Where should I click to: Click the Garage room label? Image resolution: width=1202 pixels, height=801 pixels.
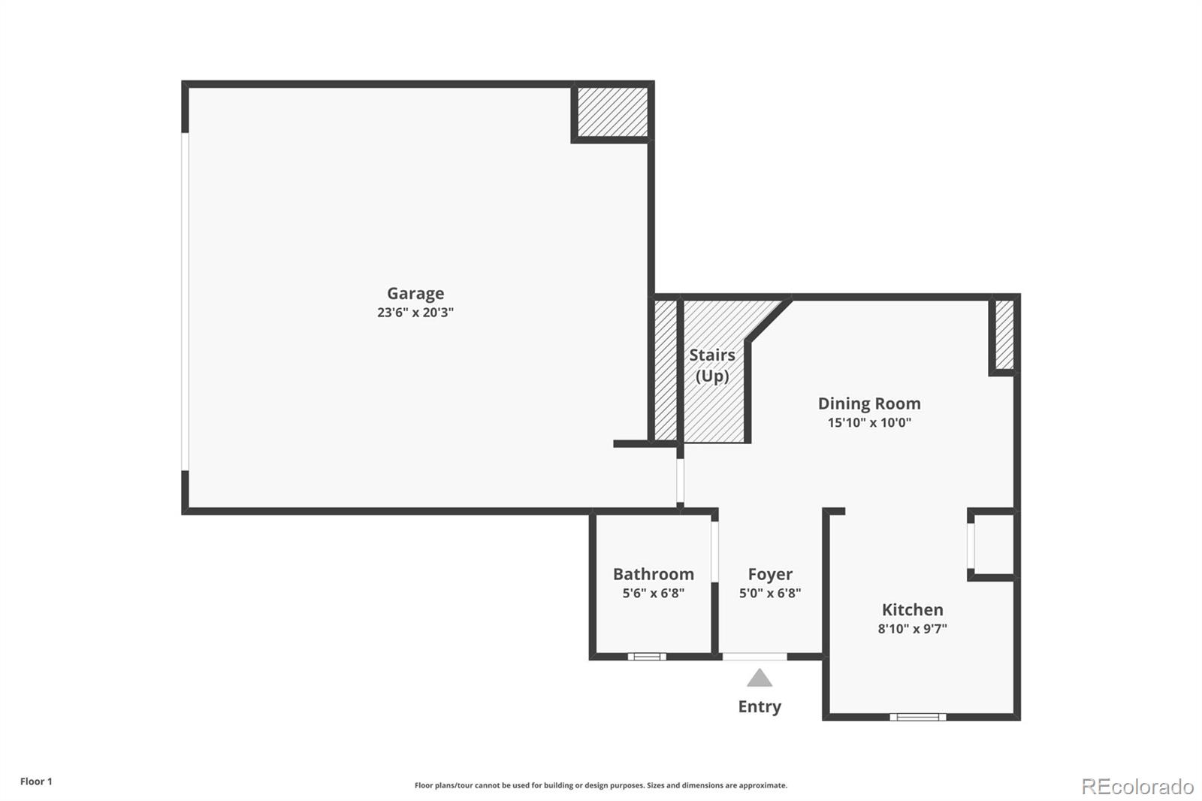tap(415, 294)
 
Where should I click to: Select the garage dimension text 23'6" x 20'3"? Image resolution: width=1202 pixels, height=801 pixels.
tap(415, 313)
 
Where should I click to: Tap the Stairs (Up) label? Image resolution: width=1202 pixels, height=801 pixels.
tap(712, 364)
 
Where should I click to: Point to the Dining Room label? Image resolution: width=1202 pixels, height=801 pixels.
tap(869, 404)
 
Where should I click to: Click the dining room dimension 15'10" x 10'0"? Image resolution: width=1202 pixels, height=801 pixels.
tap(869, 422)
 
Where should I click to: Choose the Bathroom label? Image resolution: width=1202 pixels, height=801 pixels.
tap(653, 574)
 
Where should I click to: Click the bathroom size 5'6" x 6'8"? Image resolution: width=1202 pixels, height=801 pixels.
tap(653, 593)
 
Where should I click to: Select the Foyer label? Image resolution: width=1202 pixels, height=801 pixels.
tap(770, 574)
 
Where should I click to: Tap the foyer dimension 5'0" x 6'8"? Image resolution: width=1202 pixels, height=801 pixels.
tap(770, 593)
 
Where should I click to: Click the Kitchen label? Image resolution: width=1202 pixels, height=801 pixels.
tap(912, 609)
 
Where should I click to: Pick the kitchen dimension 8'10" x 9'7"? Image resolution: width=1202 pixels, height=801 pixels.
tap(912, 629)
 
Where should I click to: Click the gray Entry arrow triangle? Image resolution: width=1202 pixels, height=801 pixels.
tap(760, 679)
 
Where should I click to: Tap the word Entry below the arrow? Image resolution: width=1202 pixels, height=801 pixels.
tap(760, 706)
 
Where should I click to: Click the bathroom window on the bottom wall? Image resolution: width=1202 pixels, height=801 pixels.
tap(647, 657)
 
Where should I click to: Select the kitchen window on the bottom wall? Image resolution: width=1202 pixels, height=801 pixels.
tap(918, 717)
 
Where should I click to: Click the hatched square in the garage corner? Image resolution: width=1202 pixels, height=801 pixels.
tap(612, 112)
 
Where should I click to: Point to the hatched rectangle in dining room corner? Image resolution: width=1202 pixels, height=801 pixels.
tap(1004, 334)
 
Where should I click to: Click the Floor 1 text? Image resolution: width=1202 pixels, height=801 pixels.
tap(36, 781)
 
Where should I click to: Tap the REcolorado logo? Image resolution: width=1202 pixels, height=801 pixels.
tap(1137, 787)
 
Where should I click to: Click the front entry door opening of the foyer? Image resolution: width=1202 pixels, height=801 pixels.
tap(755, 657)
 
